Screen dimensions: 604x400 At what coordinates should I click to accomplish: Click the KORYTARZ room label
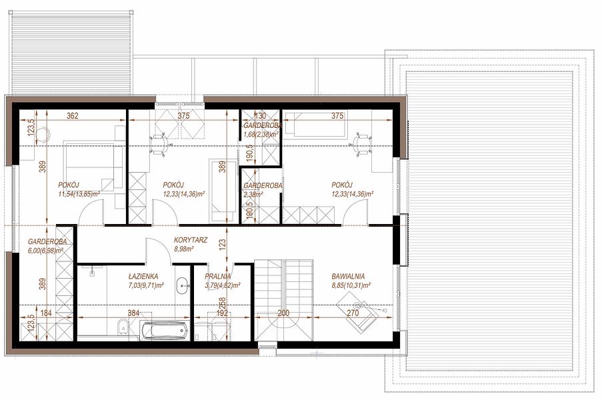click(190, 240)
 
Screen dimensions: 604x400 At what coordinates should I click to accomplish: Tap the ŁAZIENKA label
click(143, 276)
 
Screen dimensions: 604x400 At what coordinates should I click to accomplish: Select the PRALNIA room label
click(217, 276)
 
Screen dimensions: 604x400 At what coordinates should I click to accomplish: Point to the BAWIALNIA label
click(348, 276)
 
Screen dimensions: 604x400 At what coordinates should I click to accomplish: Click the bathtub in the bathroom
click(164, 330)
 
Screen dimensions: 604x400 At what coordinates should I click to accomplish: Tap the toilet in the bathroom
click(122, 327)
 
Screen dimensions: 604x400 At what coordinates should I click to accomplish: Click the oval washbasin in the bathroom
click(182, 285)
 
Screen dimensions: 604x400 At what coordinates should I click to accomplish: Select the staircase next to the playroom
click(283, 300)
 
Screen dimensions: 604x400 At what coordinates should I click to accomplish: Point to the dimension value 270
click(353, 313)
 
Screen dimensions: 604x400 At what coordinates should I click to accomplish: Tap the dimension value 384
click(133, 313)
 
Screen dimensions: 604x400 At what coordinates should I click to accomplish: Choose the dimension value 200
click(283, 313)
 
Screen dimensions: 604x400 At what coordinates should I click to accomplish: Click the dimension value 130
click(261, 115)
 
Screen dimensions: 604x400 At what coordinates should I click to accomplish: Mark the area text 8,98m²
click(184, 249)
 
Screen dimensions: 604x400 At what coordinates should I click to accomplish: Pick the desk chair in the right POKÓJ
click(361, 145)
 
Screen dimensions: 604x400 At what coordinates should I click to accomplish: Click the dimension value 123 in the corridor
click(222, 245)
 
